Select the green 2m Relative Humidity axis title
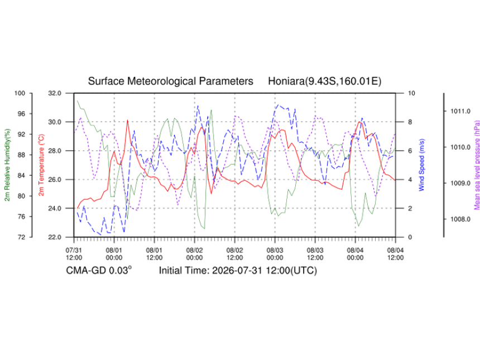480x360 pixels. [7, 165]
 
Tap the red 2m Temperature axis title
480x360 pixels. [41, 165]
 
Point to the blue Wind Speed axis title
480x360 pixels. [421, 165]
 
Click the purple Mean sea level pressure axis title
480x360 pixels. [477, 165]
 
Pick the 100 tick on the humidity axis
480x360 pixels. [20, 93]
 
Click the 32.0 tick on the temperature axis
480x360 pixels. [55, 93]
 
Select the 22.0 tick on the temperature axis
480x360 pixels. [55, 237]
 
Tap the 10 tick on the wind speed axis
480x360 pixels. [412, 93]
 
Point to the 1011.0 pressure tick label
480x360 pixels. [460, 111]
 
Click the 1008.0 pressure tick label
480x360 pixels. [460, 219]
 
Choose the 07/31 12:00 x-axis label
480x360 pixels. [74, 254]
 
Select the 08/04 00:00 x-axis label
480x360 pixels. [355, 254]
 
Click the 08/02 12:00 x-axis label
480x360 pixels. [235, 254]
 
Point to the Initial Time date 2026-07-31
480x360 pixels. [237, 271]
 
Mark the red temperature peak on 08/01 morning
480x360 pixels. [127, 121]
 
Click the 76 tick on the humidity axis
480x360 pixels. [21, 217]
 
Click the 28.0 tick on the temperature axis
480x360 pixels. [55, 151]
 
